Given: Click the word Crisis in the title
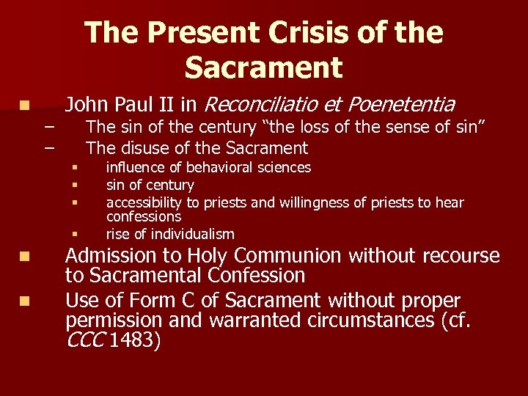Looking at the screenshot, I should click(x=300, y=34).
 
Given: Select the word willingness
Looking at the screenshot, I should click(x=341, y=202).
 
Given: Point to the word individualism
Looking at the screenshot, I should click(x=195, y=235).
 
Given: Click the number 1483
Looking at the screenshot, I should click(x=133, y=340).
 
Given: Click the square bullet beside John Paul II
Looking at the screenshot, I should click(x=25, y=106).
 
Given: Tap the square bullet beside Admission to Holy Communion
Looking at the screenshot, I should click(x=25, y=257).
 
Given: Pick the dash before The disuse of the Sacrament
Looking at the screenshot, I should click(x=49, y=147).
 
